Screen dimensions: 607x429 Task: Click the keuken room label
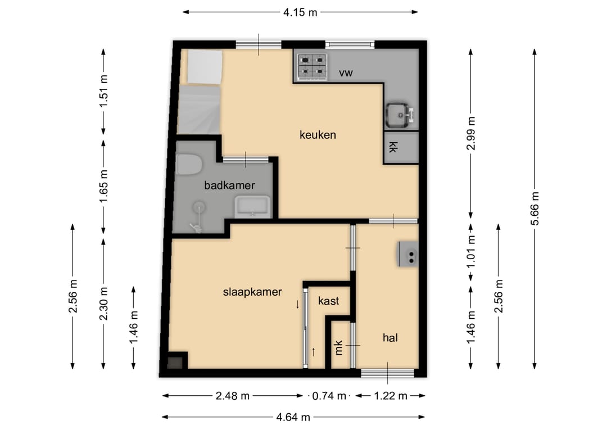pyautogui.click(x=318, y=135)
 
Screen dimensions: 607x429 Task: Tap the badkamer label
pyautogui.click(x=229, y=186)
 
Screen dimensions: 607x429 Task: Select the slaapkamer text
pyautogui.click(x=252, y=292)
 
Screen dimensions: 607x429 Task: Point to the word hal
pyautogui.click(x=390, y=337)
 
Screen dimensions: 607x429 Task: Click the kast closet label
pyautogui.click(x=328, y=301)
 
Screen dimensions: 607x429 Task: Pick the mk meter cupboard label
pyautogui.click(x=339, y=347)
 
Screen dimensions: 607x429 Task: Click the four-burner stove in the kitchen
pyautogui.click(x=312, y=67)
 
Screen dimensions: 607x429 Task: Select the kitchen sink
pyautogui.click(x=400, y=115)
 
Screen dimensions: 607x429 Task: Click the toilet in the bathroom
pyautogui.click(x=188, y=164)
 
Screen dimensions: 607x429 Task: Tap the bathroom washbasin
pyautogui.click(x=253, y=206)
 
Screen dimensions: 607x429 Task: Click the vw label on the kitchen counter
pyautogui.click(x=346, y=73)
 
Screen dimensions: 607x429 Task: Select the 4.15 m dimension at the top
pyautogui.click(x=300, y=12)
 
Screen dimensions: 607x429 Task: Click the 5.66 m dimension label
pyautogui.click(x=535, y=209)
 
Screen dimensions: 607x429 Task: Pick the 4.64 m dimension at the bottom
pyautogui.click(x=293, y=417)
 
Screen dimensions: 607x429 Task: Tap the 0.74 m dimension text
pyautogui.click(x=329, y=396)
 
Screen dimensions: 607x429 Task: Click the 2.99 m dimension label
pyautogui.click(x=471, y=133)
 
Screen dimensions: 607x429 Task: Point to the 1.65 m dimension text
pyautogui.click(x=103, y=186)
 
